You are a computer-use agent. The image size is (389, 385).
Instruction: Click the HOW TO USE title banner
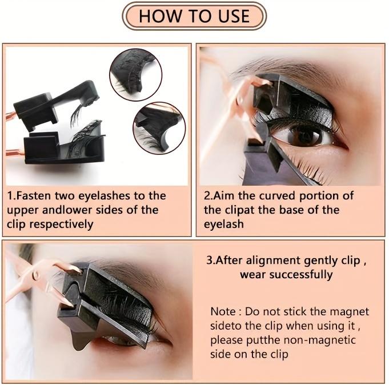point(194,16)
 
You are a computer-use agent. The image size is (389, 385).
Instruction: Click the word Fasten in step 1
point(34,196)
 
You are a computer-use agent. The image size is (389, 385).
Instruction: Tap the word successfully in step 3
point(299,275)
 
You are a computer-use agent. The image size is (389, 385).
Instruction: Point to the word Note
point(223,312)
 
